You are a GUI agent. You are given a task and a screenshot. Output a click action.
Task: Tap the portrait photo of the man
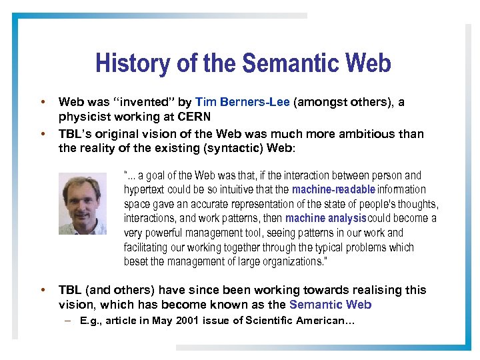click(x=83, y=203)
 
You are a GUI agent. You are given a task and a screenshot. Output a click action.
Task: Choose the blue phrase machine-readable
click(x=333, y=190)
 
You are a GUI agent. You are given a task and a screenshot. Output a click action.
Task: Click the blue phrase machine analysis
click(x=326, y=219)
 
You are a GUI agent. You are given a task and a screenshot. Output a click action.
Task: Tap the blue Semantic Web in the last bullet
click(x=330, y=305)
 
